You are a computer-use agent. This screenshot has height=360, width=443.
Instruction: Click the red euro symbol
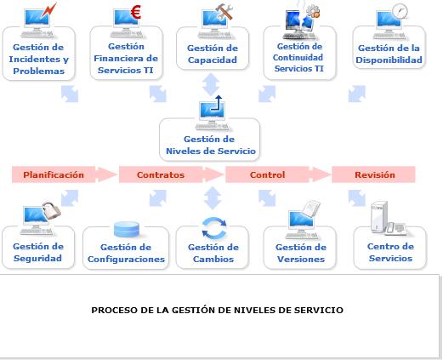(136, 13)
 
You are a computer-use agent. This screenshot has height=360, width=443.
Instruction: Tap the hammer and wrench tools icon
(224, 12)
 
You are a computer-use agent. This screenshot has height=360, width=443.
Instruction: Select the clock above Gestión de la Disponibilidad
(400, 11)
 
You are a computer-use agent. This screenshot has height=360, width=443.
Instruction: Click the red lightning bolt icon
(49, 10)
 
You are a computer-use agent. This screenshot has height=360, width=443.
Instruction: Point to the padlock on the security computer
(52, 210)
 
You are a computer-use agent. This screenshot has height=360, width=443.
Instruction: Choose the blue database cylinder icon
(127, 229)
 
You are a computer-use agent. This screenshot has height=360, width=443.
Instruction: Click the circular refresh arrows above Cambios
(214, 227)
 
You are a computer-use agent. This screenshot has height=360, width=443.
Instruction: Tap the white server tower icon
(379, 217)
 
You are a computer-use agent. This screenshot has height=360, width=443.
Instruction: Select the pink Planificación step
(54, 174)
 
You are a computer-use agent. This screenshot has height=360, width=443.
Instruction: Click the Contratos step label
(161, 174)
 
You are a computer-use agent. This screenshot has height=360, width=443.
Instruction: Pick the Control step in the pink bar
(267, 174)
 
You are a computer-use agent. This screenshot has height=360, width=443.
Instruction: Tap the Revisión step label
(375, 174)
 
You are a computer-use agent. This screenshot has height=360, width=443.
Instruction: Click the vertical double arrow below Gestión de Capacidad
(211, 84)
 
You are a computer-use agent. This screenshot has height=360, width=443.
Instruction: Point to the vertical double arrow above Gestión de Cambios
(213, 197)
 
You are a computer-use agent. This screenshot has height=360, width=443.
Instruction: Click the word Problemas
(39, 71)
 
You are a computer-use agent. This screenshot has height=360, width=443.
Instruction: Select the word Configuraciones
(126, 259)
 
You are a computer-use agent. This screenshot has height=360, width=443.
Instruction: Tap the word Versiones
(301, 259)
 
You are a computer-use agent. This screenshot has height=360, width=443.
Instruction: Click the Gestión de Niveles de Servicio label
(211, 145)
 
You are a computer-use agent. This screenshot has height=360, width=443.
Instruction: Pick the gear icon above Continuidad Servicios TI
(313, 11)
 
